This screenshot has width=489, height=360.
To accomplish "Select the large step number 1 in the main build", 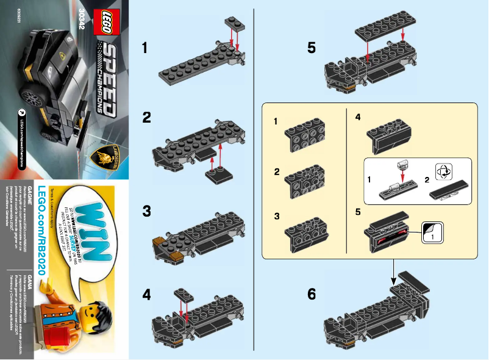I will click(x=145, y=47).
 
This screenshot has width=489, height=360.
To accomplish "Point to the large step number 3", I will click(x=146, y=212).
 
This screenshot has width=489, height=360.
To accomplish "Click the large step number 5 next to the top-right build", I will click(x=312, y=47).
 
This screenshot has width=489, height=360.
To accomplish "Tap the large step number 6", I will click(x=312, y=295).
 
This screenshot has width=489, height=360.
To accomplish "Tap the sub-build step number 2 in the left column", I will click(x=277, y=172).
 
